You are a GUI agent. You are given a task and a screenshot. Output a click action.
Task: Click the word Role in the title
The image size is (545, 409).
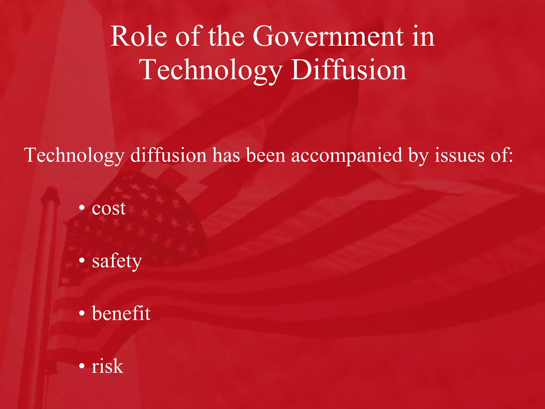[x=139, y=36]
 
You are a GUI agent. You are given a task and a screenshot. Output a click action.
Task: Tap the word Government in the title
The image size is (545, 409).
[x=328, y=36]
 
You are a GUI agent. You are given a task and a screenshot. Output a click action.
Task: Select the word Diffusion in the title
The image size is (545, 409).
[x=349, y=70]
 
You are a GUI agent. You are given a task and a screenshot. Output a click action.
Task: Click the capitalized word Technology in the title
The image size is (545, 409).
[x=210, y=70]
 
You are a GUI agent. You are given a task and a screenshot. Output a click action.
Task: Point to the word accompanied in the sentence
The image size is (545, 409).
[x=346, y=156]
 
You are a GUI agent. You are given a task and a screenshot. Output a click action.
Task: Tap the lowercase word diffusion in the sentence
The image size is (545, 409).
[x=168, y=156]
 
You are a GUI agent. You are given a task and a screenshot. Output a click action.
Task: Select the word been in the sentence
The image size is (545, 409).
[x=266, y=156]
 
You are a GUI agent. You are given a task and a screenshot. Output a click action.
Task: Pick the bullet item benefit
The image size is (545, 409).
[x=121, y=313]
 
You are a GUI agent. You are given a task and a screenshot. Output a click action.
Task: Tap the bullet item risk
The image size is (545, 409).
[x=108, y=366]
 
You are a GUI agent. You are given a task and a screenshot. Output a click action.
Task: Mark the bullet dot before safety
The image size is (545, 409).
[x=82, y=260]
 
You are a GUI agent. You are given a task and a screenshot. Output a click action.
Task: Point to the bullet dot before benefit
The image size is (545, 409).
[x=82, y=313]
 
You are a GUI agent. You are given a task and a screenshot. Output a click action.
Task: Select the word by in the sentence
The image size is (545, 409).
[x=418, y=156]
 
